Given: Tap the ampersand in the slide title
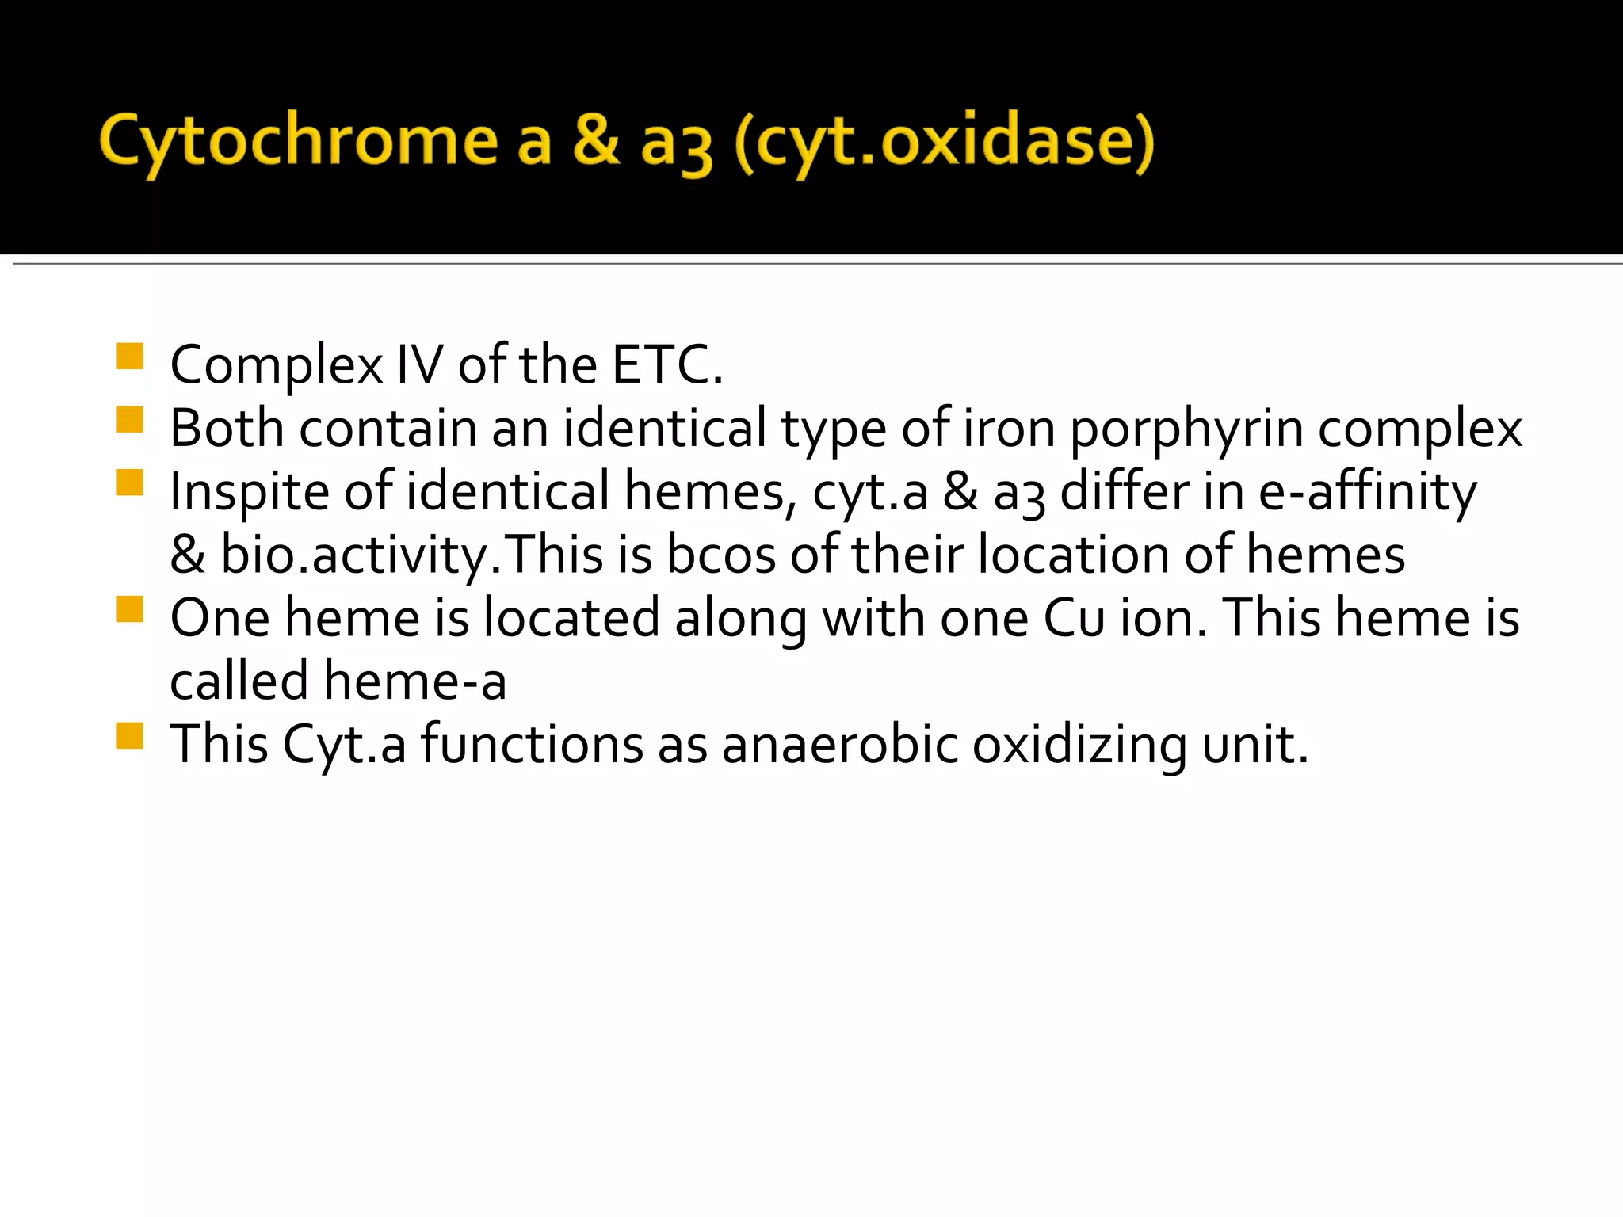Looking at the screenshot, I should [x=595, y=141].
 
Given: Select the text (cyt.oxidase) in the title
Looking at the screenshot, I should [x=943, y=144].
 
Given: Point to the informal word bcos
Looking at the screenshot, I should [x=720, y=555].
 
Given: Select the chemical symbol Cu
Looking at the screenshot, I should [x=1074, y=618].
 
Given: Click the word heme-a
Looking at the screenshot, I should [x=415, y=681].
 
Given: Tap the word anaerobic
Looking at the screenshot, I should [x=840, y=745].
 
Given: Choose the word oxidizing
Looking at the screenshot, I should [x=1079, y=746].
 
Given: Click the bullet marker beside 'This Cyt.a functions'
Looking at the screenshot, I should [x=129, y=736].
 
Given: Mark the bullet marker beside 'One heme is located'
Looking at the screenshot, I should [x=129, y=609].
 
